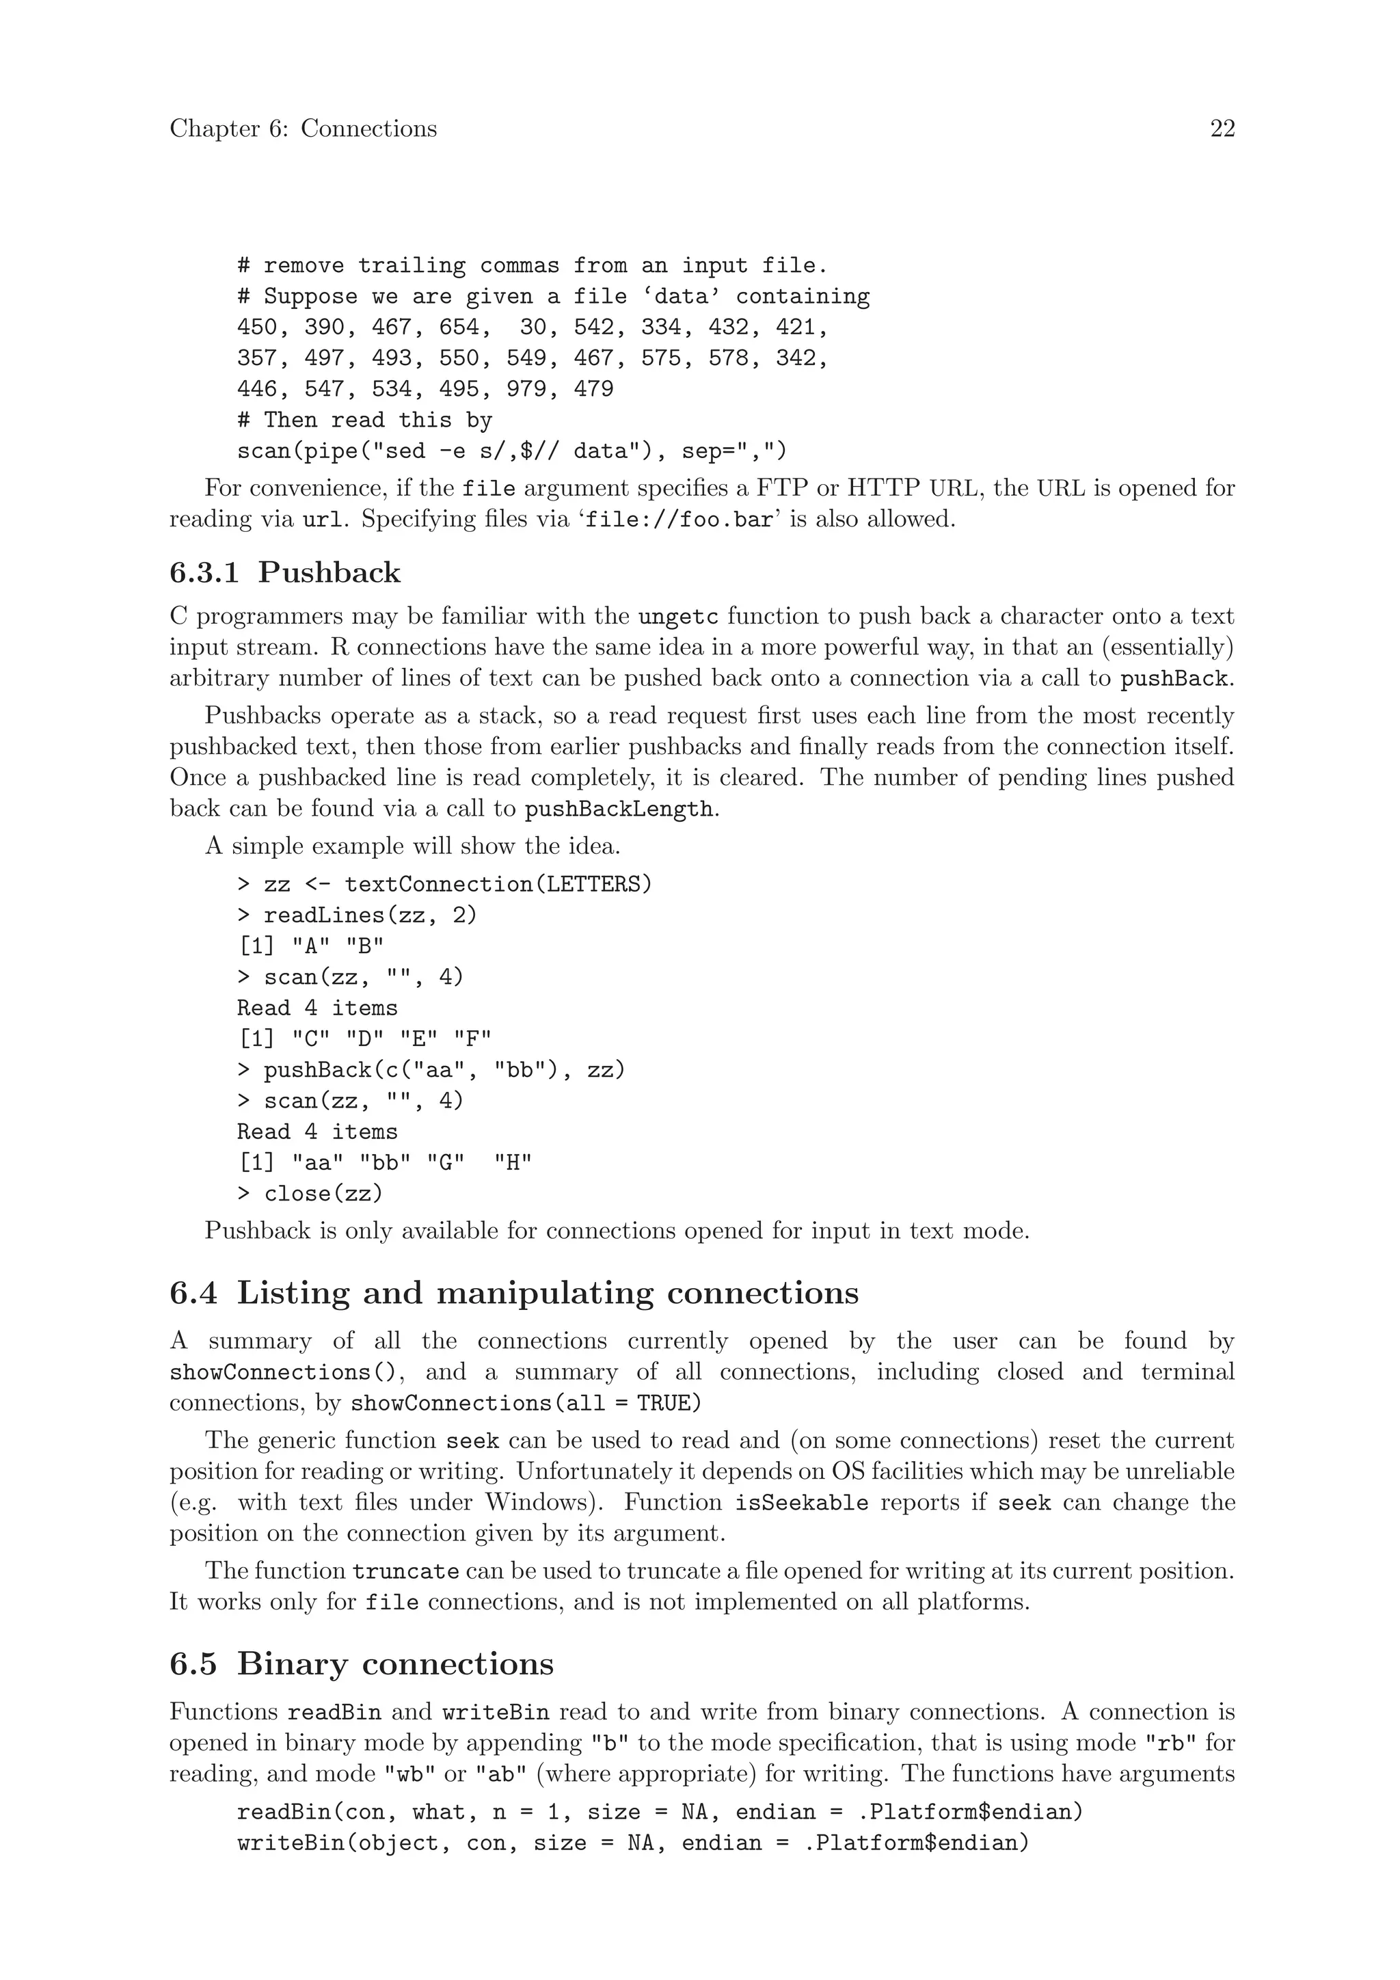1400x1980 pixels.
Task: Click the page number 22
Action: pyautogui.click(x=1222, y=129)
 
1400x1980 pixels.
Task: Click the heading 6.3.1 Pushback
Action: pyautogui.click(x=285, y=573)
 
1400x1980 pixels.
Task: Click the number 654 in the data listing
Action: pyautogui.click(x=459, y=327)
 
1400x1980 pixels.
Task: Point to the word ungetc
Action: pyautogui.click(x=677, y=617)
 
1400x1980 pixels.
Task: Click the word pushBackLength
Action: pyautogui.click(x=619, y=810)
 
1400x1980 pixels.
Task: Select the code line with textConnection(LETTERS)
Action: pyautogui.click(x=445, y=884)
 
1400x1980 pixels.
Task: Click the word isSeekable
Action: pyautogui.click(x=801, y=1503)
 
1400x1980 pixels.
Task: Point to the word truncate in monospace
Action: pyautogui.click(x=405, y=1571)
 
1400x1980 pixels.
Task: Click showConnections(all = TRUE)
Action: pyautogui.click(x=526, y=1403)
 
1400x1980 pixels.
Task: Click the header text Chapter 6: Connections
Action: pyautogui.click(x=303, y=129)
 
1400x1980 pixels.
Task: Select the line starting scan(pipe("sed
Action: pyautogui.click(x=511, y=451)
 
